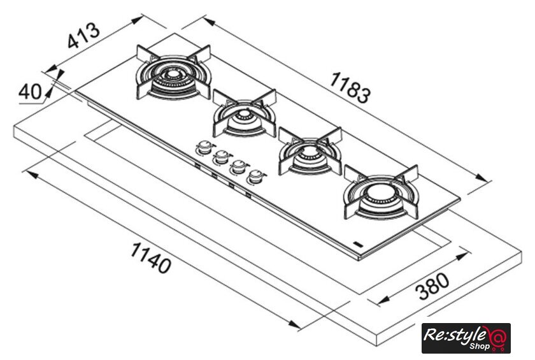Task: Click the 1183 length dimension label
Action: [x=350, y=87]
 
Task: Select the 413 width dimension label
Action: [x=83, y=36]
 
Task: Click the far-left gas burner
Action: [x=173, y=75]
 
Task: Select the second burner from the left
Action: [x=245, y=115]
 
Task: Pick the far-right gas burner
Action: [x=380, y=193]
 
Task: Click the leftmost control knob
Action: [x=204, y=148]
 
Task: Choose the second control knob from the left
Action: [x=222, y=155]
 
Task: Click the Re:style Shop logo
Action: [x=466, y=338]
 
